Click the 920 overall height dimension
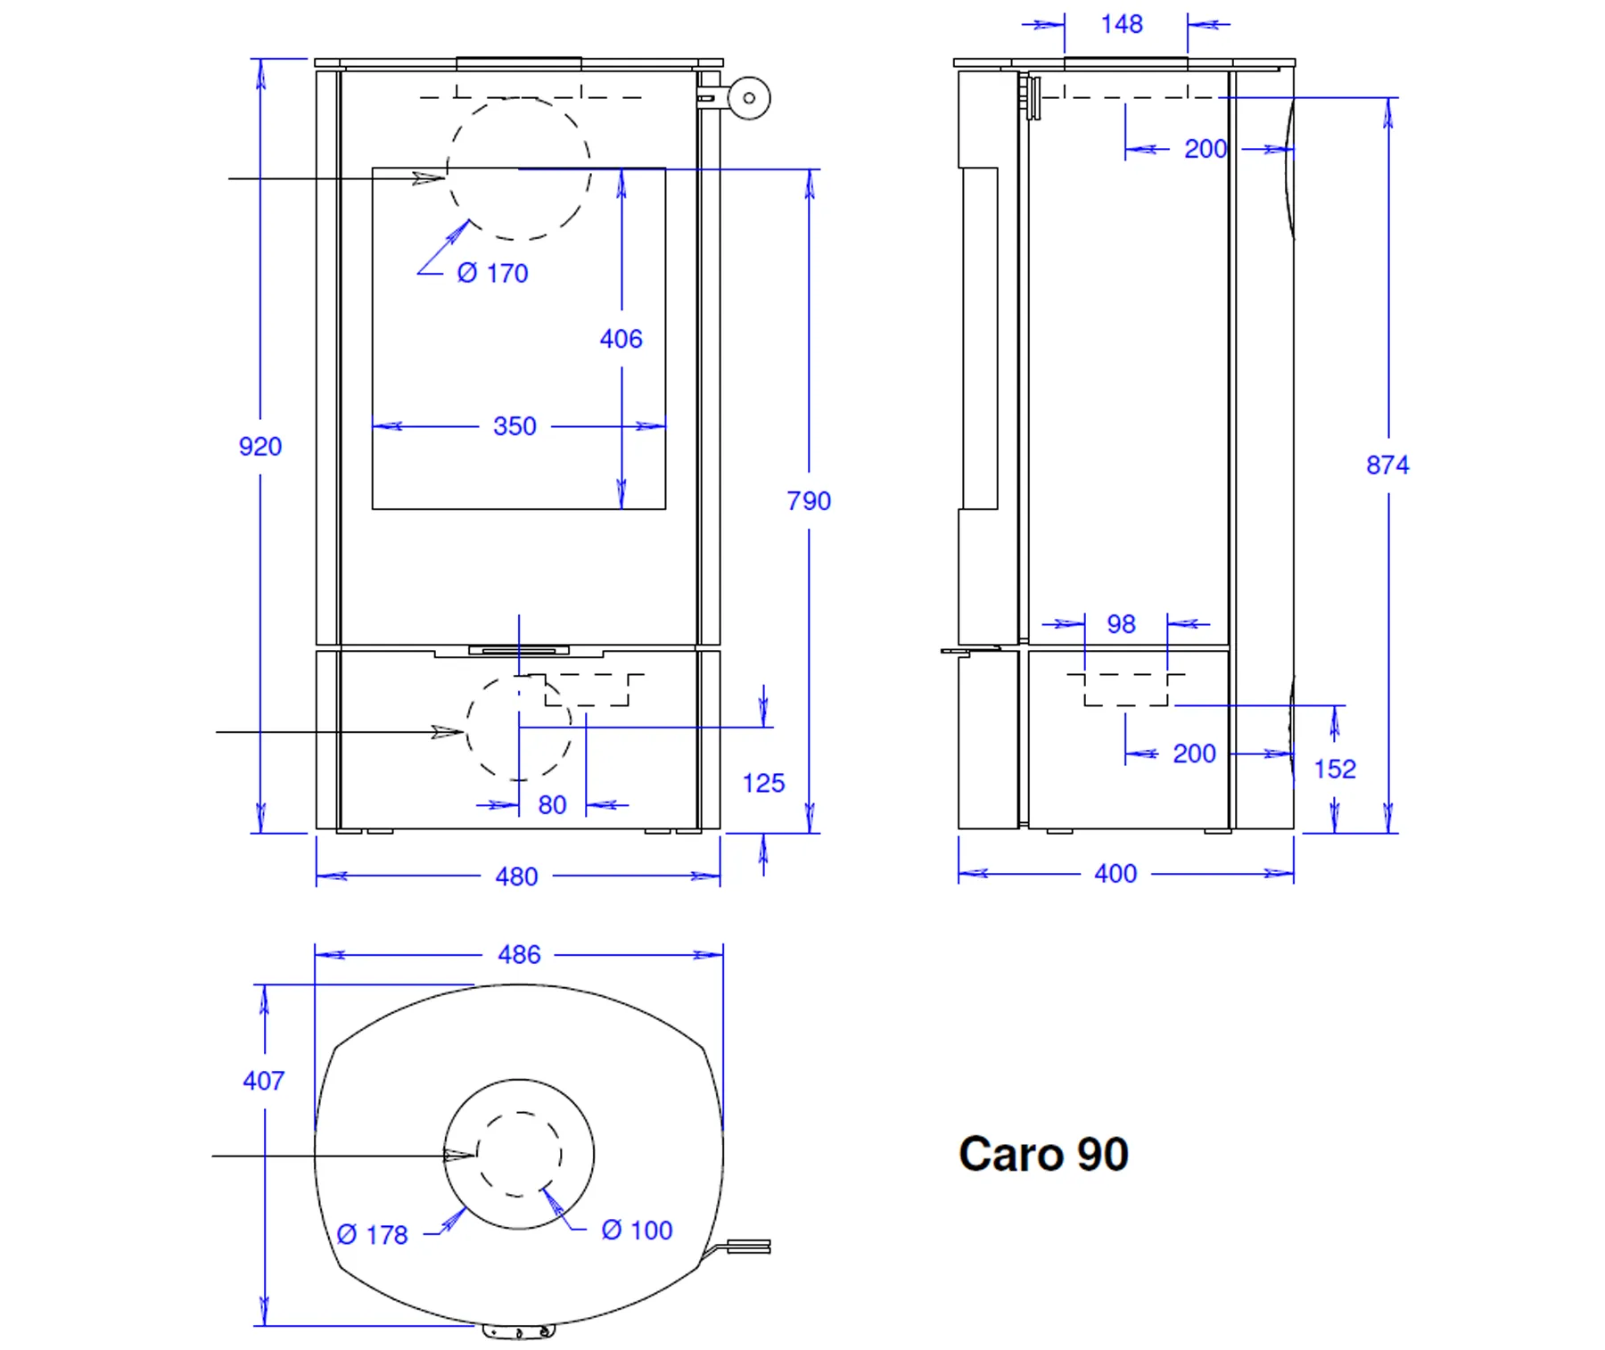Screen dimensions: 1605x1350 pos(260,446)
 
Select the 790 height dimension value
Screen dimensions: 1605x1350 pos(809,501)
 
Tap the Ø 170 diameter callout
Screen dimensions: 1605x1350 pos(492,273)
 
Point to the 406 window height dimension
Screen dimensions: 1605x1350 pos(621,339)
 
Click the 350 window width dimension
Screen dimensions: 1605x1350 pos(514,426)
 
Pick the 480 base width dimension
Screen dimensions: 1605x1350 pos(516,877)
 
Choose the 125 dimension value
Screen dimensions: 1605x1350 pos(763,783)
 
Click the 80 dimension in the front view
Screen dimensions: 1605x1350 pos(552,805)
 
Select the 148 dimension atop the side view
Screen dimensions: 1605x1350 pos(1122,24)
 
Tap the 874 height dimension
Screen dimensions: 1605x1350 pos(1387,465)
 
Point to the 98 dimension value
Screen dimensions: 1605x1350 pos(1121,624)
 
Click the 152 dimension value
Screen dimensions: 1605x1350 pos(1335,769)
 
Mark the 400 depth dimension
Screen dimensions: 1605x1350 pos(1115,873)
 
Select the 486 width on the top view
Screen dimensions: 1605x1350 pos(519,955)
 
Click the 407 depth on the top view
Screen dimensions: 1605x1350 pos(264,1081)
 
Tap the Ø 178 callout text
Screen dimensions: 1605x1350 pos(373,1235)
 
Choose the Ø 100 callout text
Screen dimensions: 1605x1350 pos(637,1231)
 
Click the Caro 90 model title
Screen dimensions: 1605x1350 pos(1043,1154)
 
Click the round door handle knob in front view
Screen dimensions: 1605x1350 pos(749,98)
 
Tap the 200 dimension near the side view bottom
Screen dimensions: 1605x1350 pos(1194,753)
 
